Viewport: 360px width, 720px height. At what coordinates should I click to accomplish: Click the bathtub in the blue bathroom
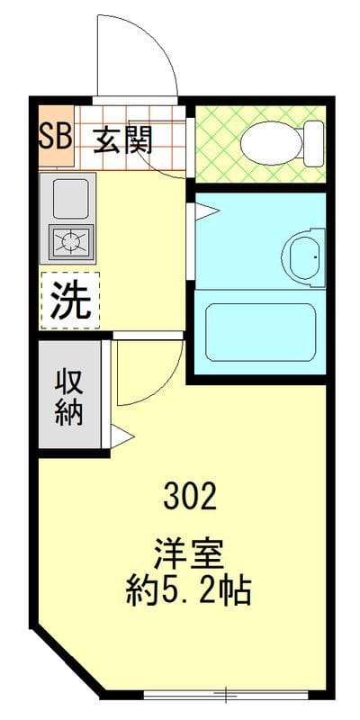pyautogui.click(x=261, y=331)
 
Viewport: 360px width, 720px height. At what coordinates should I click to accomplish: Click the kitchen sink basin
pyautogui.click(x=69, y=198)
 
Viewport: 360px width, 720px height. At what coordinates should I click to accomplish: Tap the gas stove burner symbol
pyautogui.click(x=69, y=241)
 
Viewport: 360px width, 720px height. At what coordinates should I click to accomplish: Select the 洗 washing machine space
pyautogui.click(x=69, y=300)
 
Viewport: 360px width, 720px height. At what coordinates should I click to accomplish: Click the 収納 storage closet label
pyautogui.click(x=69, y=396)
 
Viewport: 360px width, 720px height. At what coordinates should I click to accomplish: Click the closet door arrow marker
pyautogui.click(x=121, y=437)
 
